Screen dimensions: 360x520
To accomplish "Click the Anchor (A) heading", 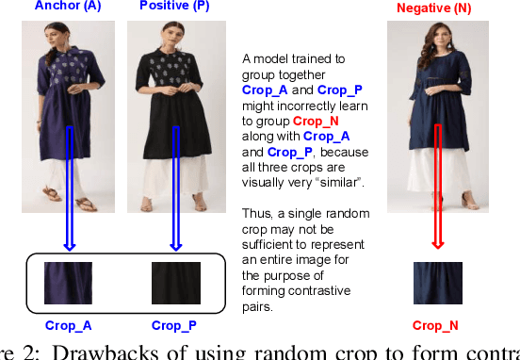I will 68,7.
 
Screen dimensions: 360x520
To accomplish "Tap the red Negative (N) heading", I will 434,9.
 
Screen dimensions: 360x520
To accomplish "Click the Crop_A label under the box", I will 68,326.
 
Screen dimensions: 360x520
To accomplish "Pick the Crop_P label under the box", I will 175,326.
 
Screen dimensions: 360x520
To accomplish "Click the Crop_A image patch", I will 68,282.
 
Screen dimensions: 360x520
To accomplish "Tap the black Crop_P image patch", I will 175,282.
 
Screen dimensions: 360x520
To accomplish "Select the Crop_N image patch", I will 437,283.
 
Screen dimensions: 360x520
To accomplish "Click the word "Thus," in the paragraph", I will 258,187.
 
